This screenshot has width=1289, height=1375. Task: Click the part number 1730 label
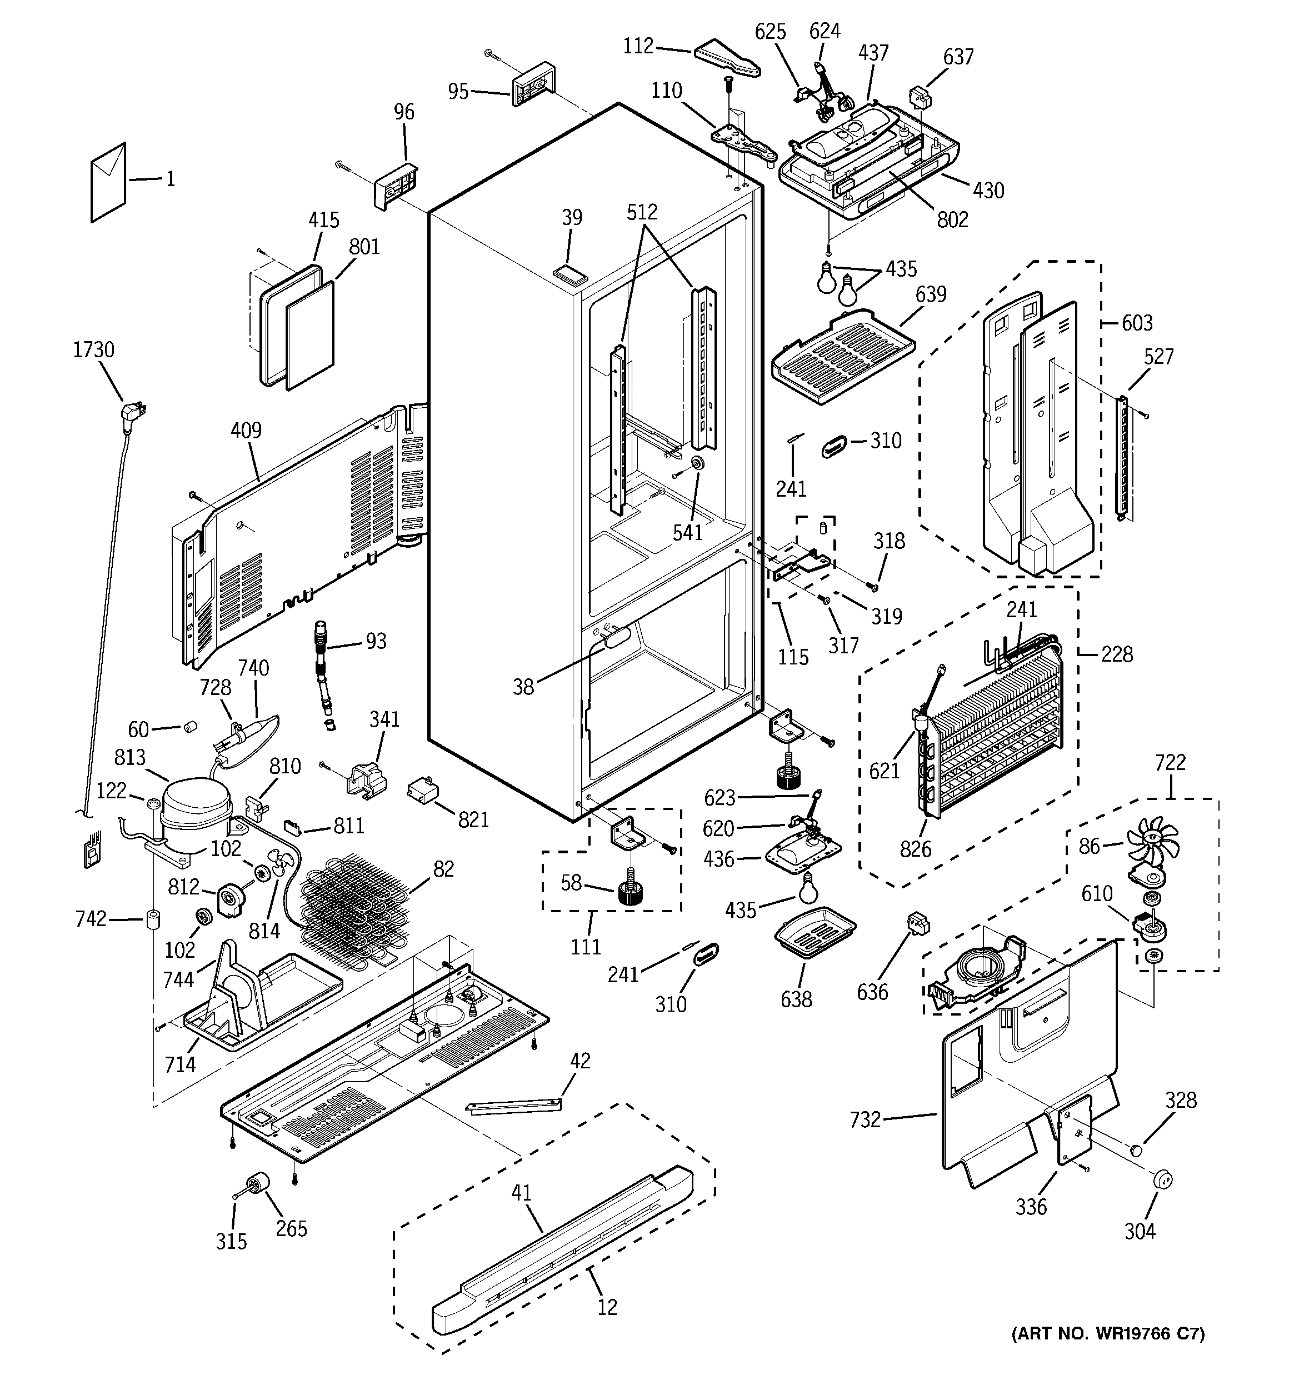click(94, 350)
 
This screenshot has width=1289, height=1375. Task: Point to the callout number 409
click(246, 430)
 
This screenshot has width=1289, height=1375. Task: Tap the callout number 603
click(1137, 322)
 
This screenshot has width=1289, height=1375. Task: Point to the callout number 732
click(865, 1119)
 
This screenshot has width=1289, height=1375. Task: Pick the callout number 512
click(642, 212)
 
